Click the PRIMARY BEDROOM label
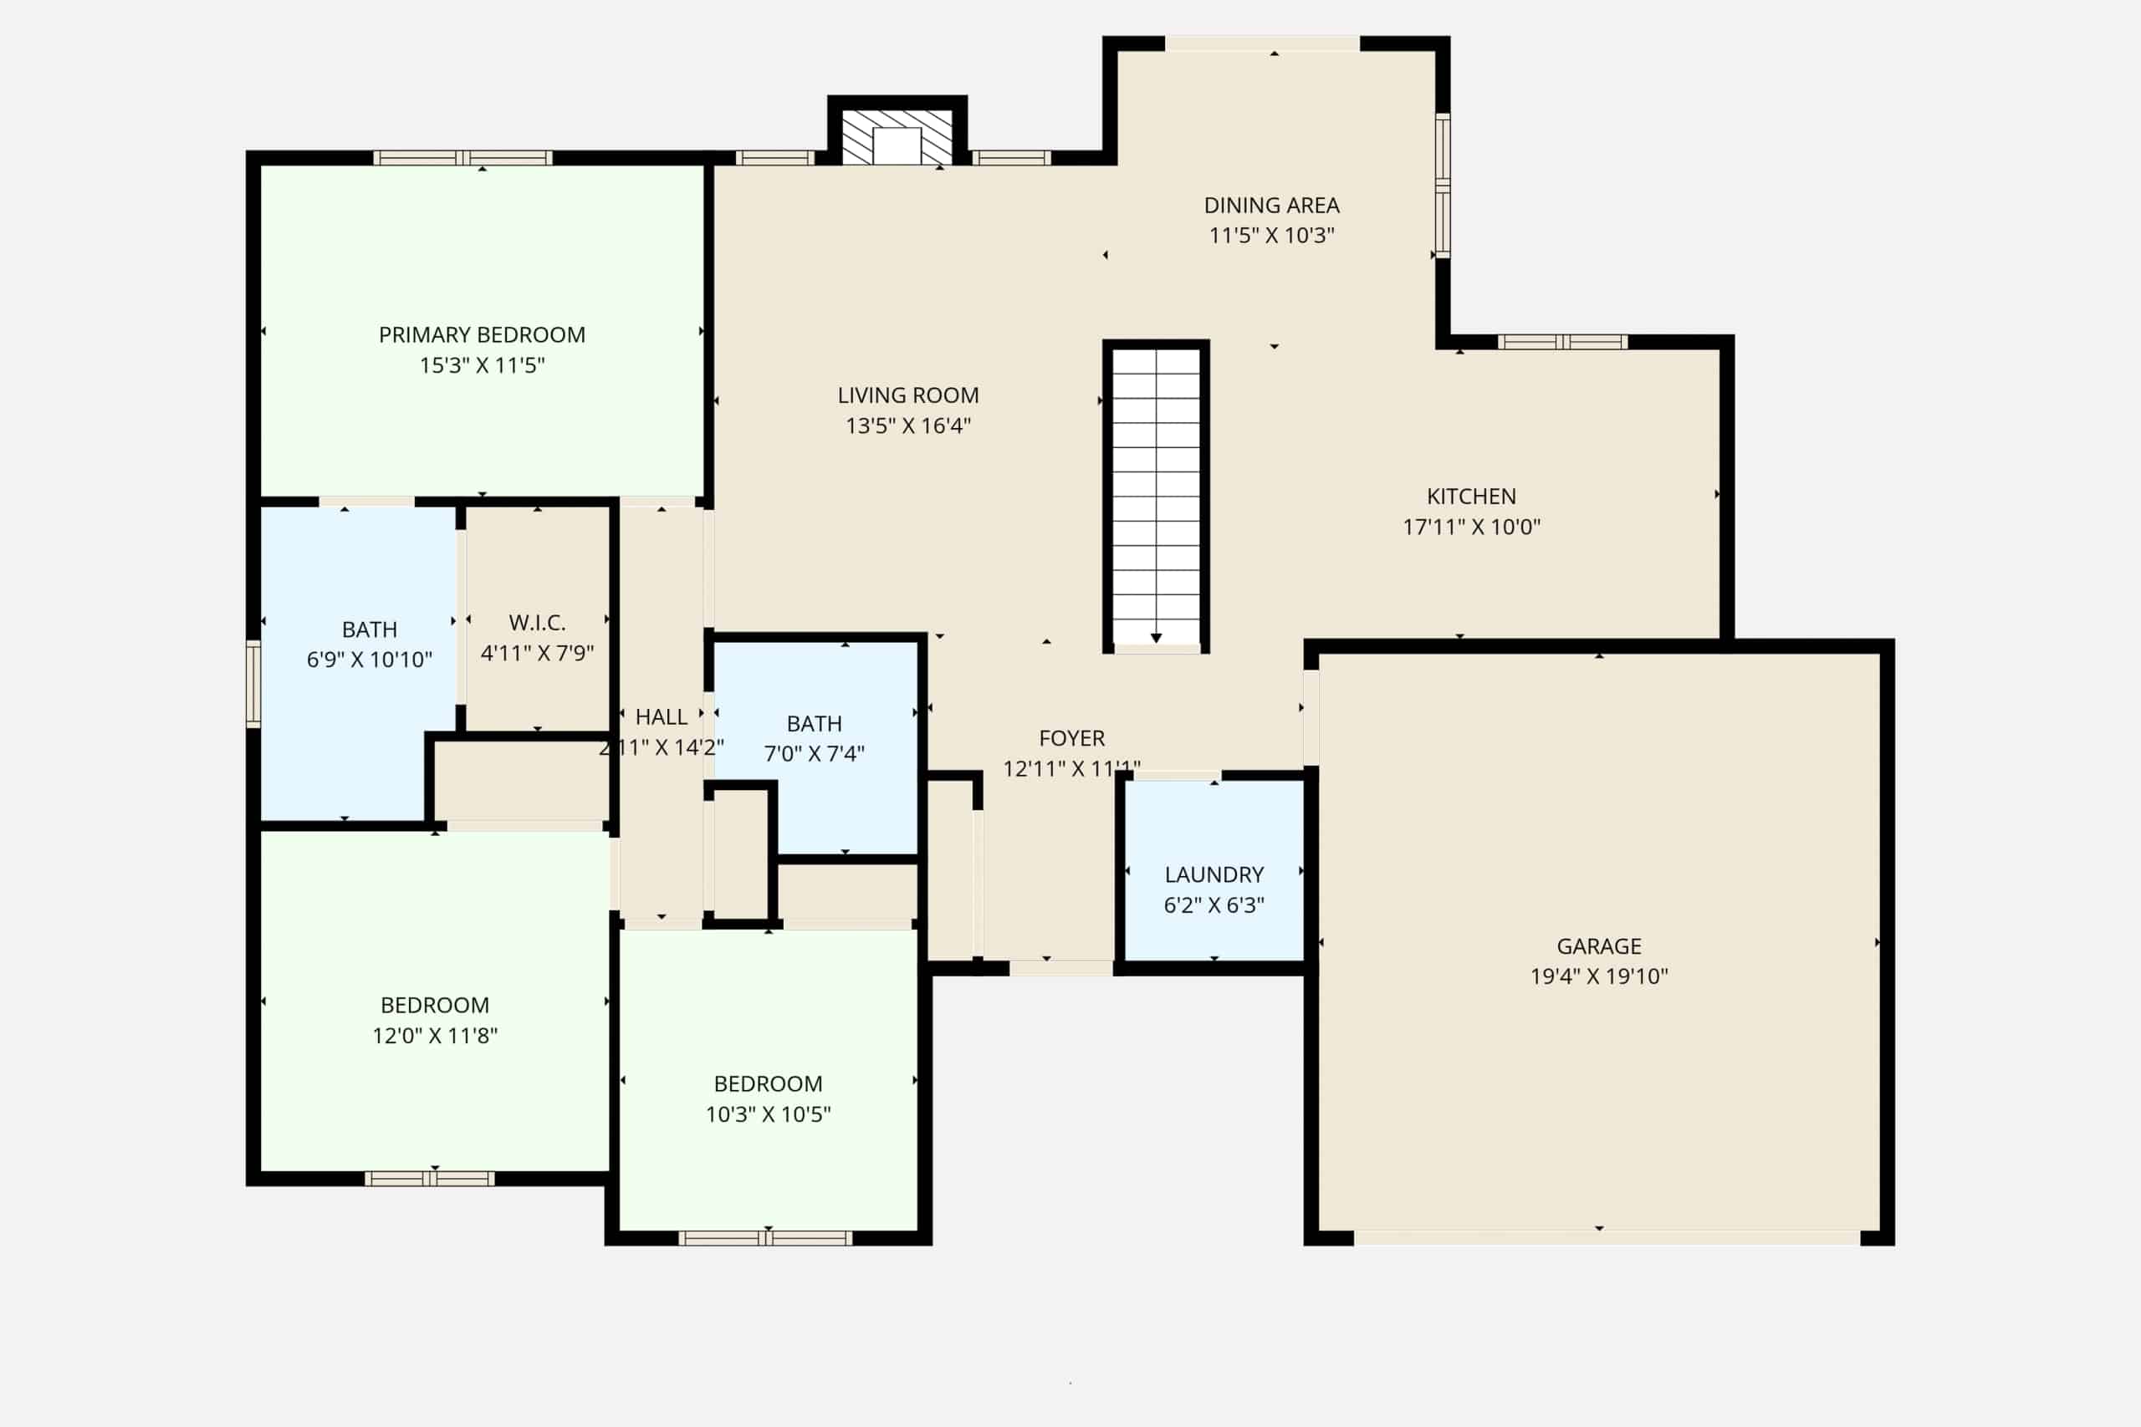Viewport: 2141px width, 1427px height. [482, 335]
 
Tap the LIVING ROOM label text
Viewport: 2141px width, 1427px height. [908, 395]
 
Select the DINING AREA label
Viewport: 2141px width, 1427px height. [1272, 206]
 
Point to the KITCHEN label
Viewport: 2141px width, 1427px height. [1471, 497]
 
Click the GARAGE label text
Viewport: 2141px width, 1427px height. [1598, 946]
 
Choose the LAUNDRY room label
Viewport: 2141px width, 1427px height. [1214, 874]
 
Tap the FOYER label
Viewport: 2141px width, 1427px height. [1071, 738]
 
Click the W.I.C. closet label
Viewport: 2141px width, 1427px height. [537, 623]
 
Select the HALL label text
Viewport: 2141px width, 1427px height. [661, 717]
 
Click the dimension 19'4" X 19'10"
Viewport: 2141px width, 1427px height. [1598, 976]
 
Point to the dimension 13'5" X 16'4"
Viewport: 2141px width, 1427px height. [908, 426]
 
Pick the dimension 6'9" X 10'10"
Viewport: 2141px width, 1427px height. [369, 660]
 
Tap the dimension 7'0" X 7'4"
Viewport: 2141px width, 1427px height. [814, 753]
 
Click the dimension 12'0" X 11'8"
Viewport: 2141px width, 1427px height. [434, 1036]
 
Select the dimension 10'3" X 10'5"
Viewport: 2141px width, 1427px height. [769, 1114]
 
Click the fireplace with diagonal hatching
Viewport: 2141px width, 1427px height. [897, 137]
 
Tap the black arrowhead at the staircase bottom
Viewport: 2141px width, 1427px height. [1156, 638]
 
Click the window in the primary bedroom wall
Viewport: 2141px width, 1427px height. [462, 158]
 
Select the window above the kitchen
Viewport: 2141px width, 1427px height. [1563, 342]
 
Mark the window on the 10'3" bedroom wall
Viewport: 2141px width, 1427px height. [765, 1238]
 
